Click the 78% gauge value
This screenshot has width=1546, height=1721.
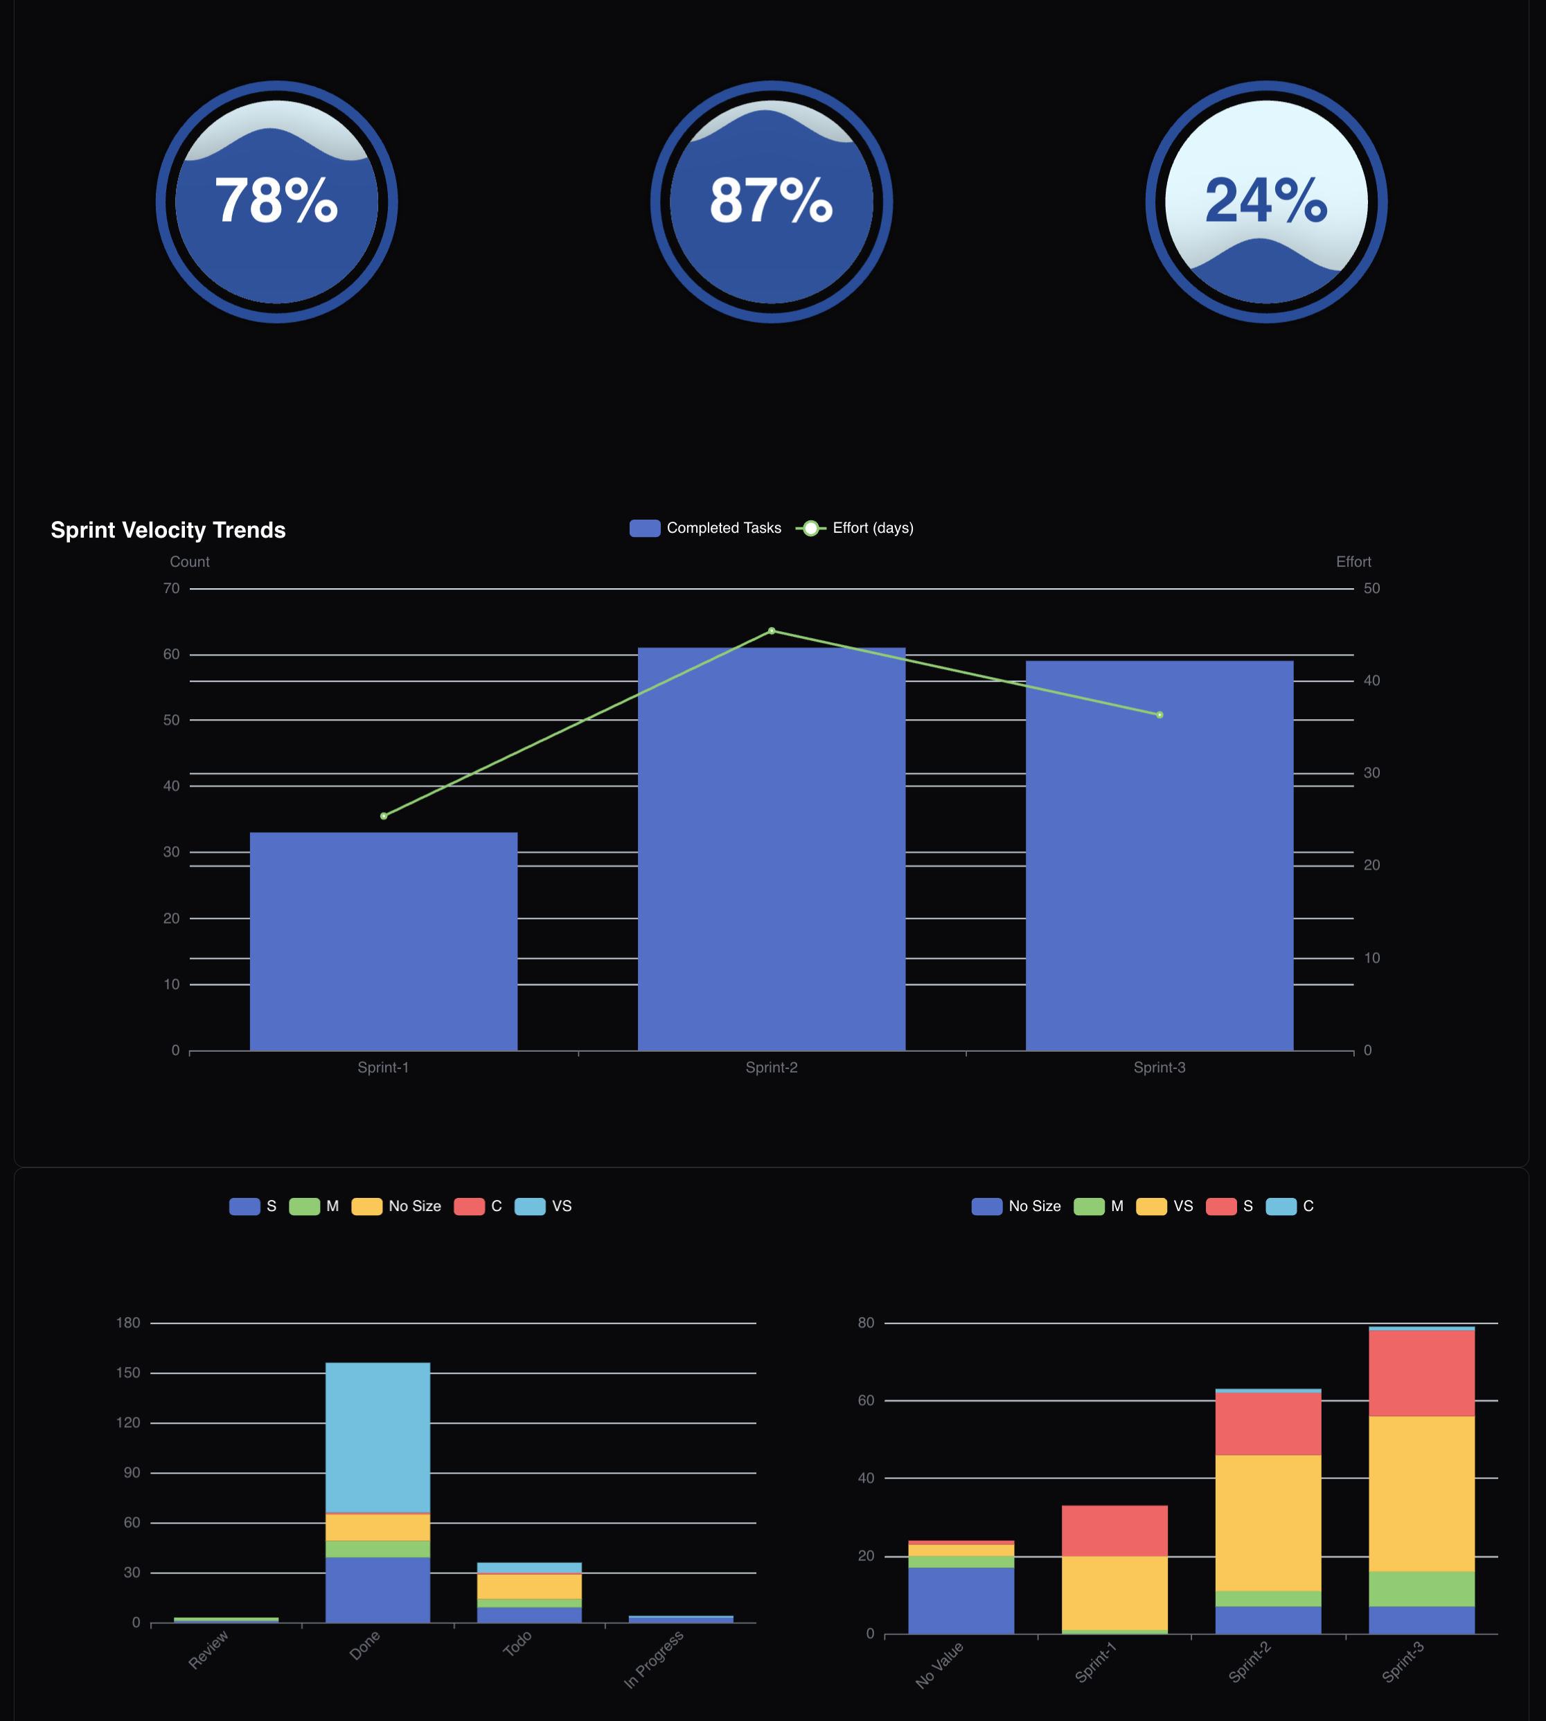(x=276, y=202)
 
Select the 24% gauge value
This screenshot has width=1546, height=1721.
(x=1265, y=202)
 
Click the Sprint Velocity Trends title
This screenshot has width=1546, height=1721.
(x=168, y=530)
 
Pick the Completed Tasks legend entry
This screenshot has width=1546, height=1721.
(x=705, y=529)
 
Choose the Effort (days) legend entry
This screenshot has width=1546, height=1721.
(x=855, y=529)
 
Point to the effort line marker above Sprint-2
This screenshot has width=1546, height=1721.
(x=772, y=631)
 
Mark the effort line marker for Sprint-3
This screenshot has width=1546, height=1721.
(x=1159, y=715)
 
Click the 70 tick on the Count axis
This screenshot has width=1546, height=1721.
(x=172, y=589)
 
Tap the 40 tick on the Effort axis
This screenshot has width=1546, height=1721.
(x=1371, y=680)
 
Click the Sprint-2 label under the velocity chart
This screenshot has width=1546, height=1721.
(x=772, y=1068)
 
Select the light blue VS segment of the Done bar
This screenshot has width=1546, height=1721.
(x=378, y=1437)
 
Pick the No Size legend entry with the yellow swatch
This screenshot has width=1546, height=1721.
(x=397, y=1206)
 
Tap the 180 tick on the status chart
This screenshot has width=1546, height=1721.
(x=128, y=1323)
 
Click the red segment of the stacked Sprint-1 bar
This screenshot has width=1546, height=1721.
(x=1114, y=1530)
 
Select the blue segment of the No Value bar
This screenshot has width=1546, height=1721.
(x=961, y=1600)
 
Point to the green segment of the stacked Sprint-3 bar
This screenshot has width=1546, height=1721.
(x=1421, y=1589)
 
